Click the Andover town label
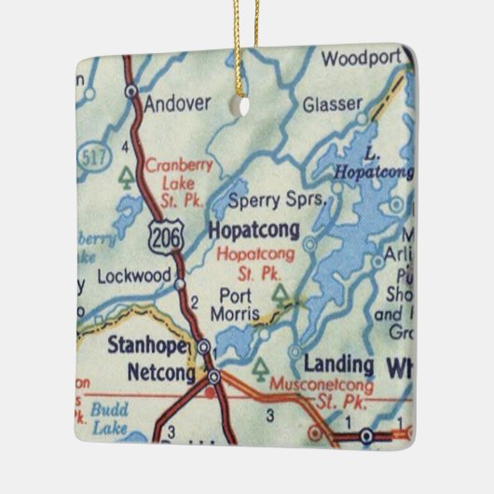[x=178, y=103]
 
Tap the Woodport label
[x=360, y=60]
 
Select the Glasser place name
[x=331, y=104]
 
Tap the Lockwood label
[x=135, y=277]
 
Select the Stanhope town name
[x=148, y=348]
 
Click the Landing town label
[x=337, y=364]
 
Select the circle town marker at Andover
[x=131, y=91]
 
